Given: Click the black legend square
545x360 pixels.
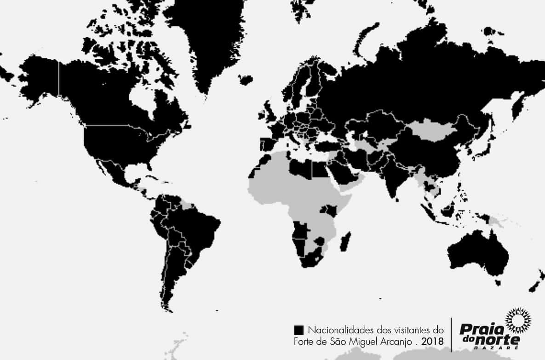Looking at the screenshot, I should coord(298,330).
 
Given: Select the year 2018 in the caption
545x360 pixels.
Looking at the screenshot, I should coord(432,342).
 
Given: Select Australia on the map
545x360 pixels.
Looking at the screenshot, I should coord(478,253).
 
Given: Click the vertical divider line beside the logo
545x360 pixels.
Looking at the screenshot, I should coord(452,333).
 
